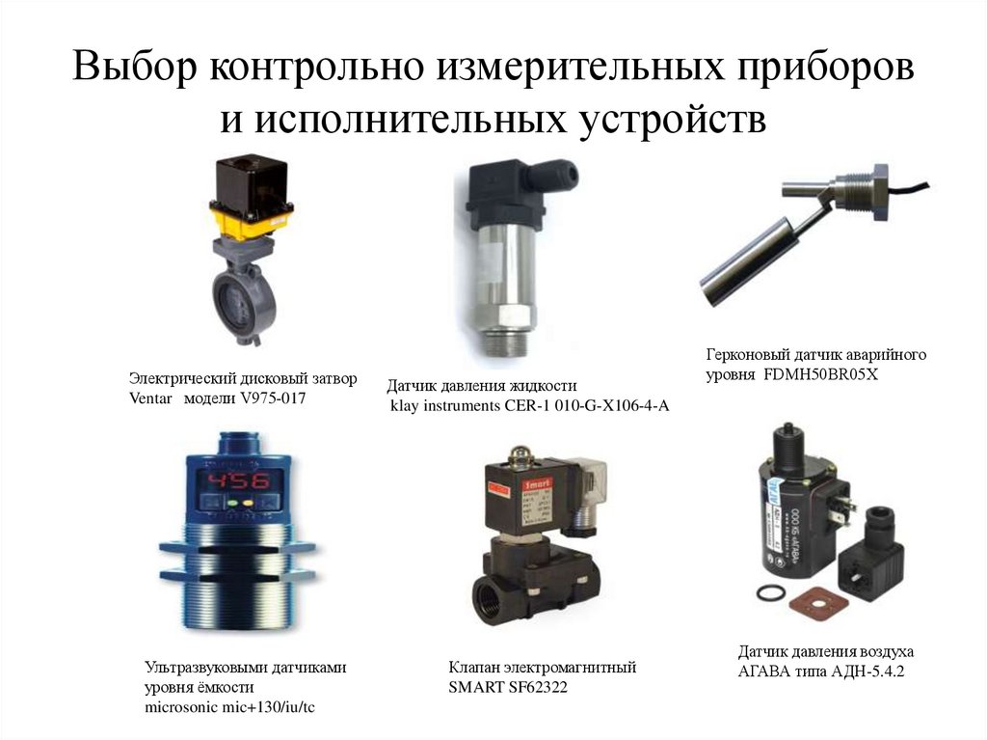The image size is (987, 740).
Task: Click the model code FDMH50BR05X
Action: pos(821,374)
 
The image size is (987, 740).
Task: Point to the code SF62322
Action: pos(537,687)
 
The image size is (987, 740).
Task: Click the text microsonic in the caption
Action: pos(181,707)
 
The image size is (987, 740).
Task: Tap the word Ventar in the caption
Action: pos(150,398)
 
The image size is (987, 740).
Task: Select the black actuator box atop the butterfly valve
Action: pos(253,181)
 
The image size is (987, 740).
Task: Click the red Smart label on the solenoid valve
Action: pos(537,484)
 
